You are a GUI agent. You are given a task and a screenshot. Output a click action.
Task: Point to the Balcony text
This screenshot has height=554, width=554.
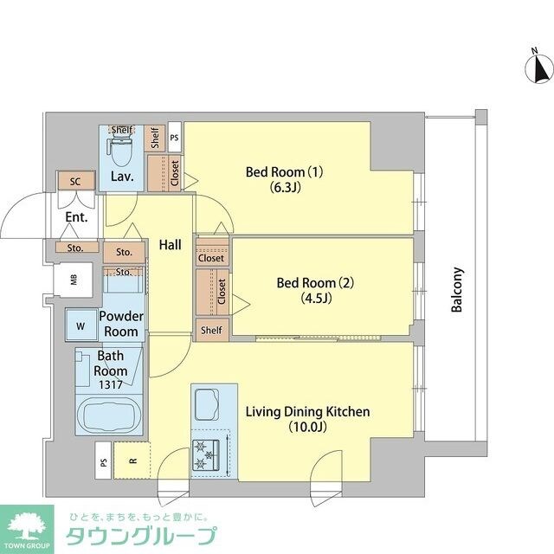click(x=458, y=289)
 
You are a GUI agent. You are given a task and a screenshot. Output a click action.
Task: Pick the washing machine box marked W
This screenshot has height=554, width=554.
click(x=81, y=326)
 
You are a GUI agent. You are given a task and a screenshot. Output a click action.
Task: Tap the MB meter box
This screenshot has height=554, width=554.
click(x=74, y=279)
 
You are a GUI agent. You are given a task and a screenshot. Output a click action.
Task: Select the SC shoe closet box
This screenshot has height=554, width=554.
click(x=74, y=183)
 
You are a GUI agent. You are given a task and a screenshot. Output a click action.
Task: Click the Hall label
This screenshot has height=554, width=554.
click(x=170, y=246)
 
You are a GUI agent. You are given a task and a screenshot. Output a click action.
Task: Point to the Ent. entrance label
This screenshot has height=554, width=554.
click(x=76, y=218)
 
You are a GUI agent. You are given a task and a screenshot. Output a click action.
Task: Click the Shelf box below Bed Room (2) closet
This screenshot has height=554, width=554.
click(x=211, y=330)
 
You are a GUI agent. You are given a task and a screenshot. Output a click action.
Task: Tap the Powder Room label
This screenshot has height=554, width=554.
click(x=121, y=325)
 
